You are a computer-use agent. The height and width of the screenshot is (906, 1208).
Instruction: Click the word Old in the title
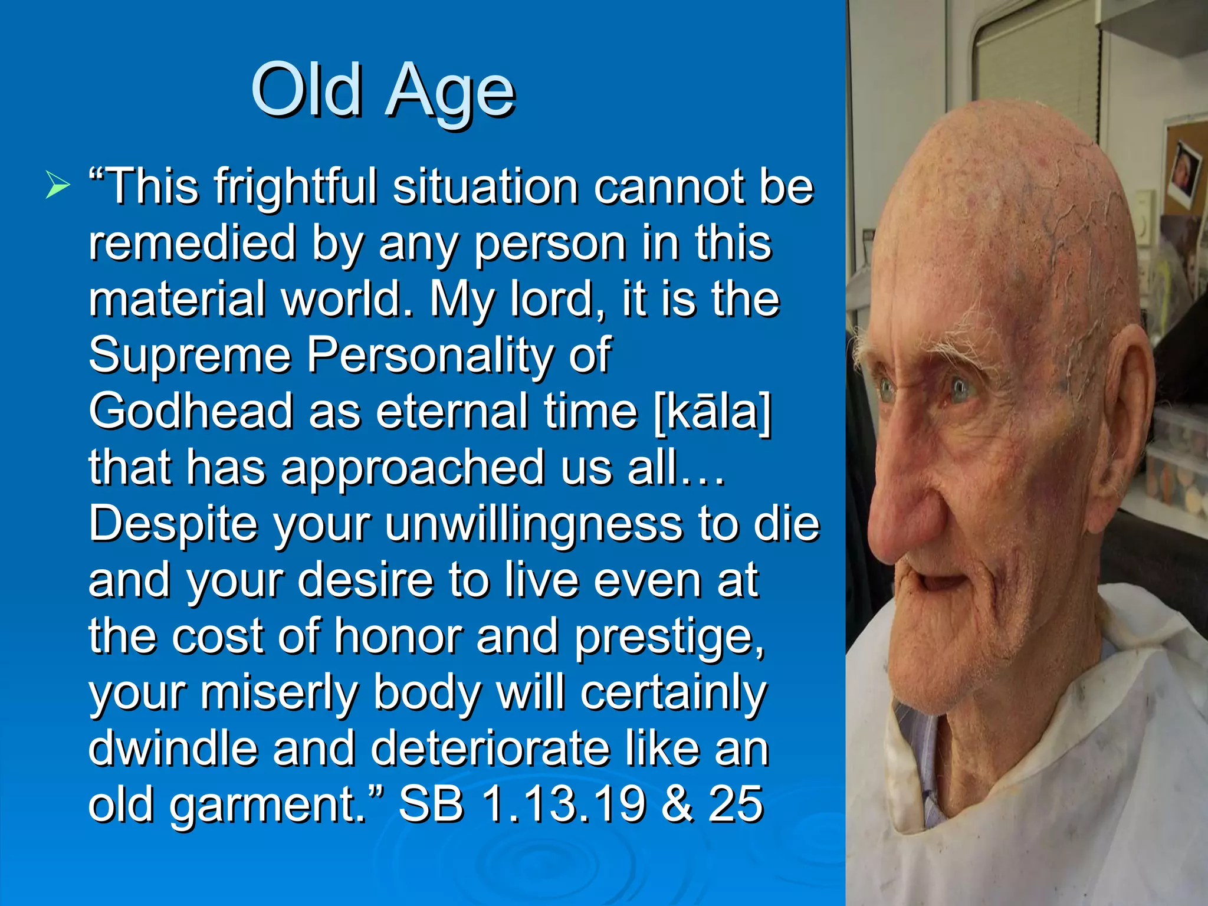point(306,90)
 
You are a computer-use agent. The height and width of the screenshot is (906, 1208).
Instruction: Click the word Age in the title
point(450,93)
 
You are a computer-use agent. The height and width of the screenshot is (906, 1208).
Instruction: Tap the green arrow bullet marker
point(57,186)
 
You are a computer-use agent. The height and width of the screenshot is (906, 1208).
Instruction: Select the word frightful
point(295,188)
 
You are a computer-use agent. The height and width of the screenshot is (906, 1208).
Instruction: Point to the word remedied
point(192,243)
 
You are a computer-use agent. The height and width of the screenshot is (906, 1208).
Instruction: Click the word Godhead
point(191,411)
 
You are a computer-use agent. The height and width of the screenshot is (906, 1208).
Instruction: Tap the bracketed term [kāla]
point(713,411)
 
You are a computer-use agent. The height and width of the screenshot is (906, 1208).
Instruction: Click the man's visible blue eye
point(961,388)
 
